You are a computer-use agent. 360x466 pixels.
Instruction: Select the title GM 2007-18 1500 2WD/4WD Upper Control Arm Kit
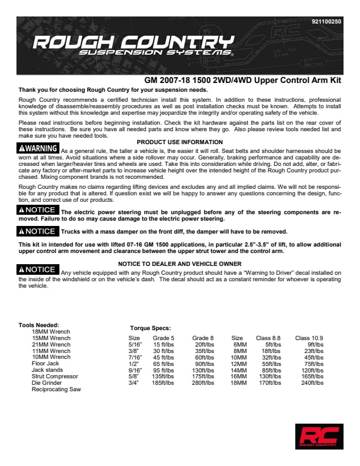coord(242,80)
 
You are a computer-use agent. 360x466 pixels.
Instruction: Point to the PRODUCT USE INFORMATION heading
coord(179,142)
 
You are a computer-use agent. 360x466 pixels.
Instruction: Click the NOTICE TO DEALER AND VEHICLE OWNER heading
coord(179,264)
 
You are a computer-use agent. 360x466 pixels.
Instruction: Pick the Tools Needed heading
coord(39,325)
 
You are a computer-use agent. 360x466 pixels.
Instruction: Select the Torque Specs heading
coord(150,328)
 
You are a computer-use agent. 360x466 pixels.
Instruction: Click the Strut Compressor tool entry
coord(55,377)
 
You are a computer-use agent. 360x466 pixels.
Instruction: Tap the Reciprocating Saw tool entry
coord(56,390)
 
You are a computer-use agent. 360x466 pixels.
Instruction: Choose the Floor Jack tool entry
coord(46,364)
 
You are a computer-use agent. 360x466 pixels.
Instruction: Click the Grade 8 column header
coord(203,338)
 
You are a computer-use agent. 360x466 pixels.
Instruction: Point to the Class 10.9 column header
coord(309,338)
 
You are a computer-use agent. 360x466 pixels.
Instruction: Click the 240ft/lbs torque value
coord(312,383)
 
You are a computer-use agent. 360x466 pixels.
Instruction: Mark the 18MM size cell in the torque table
coord(239,383)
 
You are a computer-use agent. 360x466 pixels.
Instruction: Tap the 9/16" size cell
coord(134,370)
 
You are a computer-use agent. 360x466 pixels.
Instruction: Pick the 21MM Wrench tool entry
coord(51,344)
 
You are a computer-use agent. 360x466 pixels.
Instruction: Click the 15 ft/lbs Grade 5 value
coord(164,345)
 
